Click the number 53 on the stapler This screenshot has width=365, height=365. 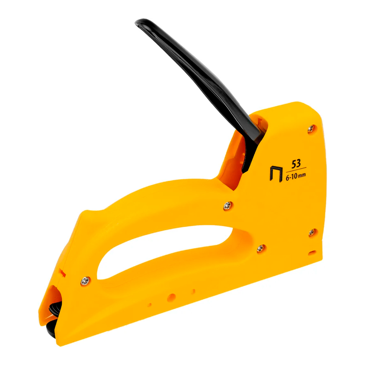pyautogui.click(x=296, y=164)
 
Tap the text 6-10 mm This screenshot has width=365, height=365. pyautogui.click(x=296, y=176)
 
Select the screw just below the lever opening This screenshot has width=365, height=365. pyautogui.click(x=228, y=206)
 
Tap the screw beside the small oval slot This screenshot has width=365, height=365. pyautogui.click(x=312, y=232)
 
